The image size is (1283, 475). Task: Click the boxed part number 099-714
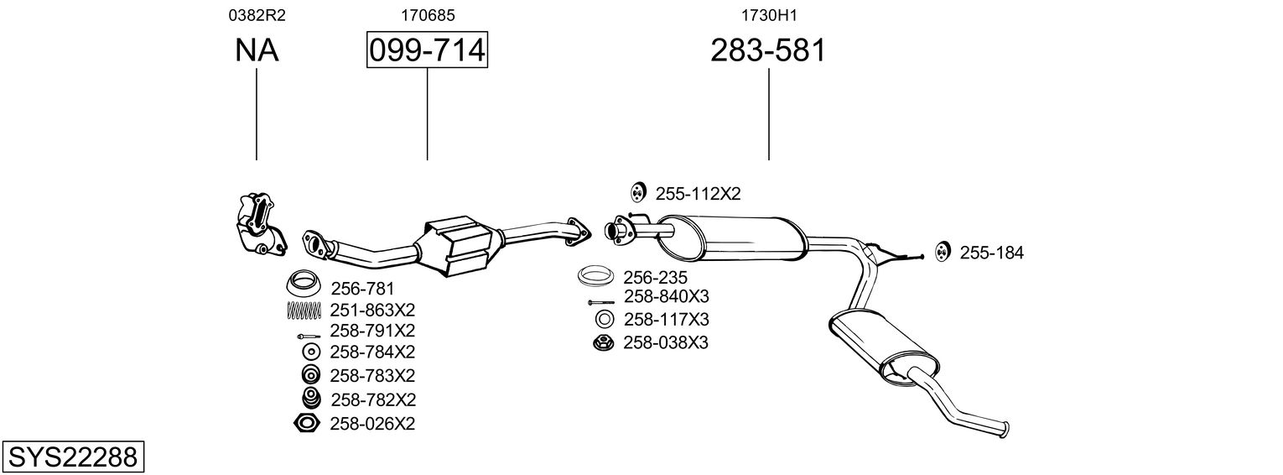pyautogui.click(x=427, y=51)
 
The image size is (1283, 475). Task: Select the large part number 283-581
pyautogui.click(x=768, y=51)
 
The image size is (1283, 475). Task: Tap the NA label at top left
pyautogui.click(x=256, y=51)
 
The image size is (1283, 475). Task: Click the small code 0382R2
pyautogui.click(x=256, y=15)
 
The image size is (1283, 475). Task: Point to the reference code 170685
pyautogui.click(x=427, y=15)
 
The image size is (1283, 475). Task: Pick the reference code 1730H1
pyautogui.click(x=768, y=15)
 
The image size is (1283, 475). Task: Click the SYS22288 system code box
pyautogui.click(x=72, y=457)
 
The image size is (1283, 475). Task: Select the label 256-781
pyautogui.click(x=362, y=289)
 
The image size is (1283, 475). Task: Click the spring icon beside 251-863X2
pyautogui.click(x=304, y=310)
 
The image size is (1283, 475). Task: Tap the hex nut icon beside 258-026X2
pyautogui.click(x=306, y=424)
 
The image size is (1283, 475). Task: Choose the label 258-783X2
pyautogui.click(x=373, y=375)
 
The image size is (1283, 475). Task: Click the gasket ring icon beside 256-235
pyautogui.click(x=595, y=277)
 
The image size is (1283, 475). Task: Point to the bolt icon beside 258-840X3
pyautogui.click(x=600, y=301)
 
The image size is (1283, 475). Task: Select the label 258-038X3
pyautogui.click(x=666, y=342)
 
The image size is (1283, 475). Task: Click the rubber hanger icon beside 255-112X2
pyautogui.click(x=636, y=193)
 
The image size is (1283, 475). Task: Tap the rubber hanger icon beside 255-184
pyautogui.click(x=942, y=251)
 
